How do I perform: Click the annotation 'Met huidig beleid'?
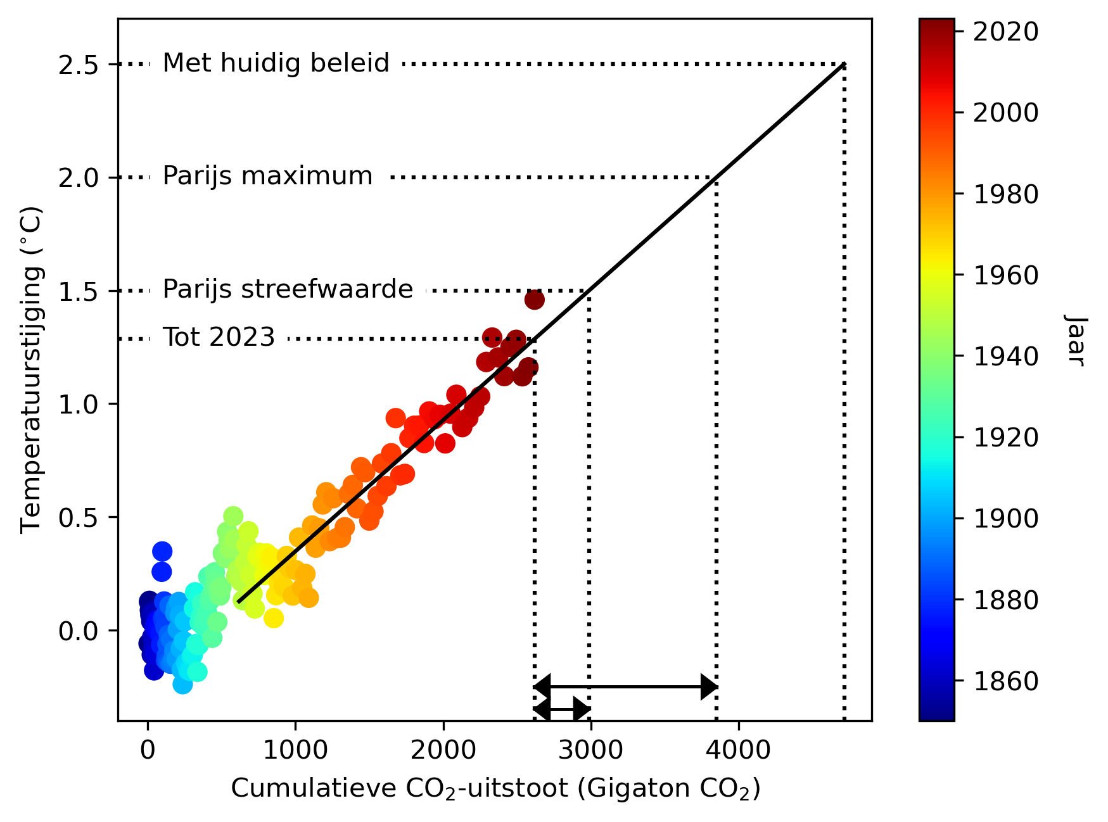click(276, 63)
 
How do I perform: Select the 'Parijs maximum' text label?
click(267, 176)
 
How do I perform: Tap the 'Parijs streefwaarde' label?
click(288, 289)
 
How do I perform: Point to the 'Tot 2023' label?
click(219, 338)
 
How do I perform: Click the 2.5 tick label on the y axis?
click(79, 65)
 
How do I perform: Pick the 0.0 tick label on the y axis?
click(79, 631)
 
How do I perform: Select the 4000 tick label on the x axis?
click(738, 750)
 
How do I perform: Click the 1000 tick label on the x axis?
click(295, 750)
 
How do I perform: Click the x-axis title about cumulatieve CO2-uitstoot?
click(495, 789)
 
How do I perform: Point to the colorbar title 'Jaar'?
click(1075, 340)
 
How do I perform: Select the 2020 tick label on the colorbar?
click(1005, 32)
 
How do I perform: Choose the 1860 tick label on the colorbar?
click(1005, 681)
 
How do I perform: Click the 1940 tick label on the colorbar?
click(1005, 357)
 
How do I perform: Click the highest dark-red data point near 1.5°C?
click(534, 300)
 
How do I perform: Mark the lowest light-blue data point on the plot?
click(182, 684)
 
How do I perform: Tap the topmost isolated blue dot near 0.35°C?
click(162, 551)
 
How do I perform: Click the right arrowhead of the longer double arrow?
click(709, 686)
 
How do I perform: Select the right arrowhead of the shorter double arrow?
click(582, 710)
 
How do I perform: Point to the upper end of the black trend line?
click(844, 65)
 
